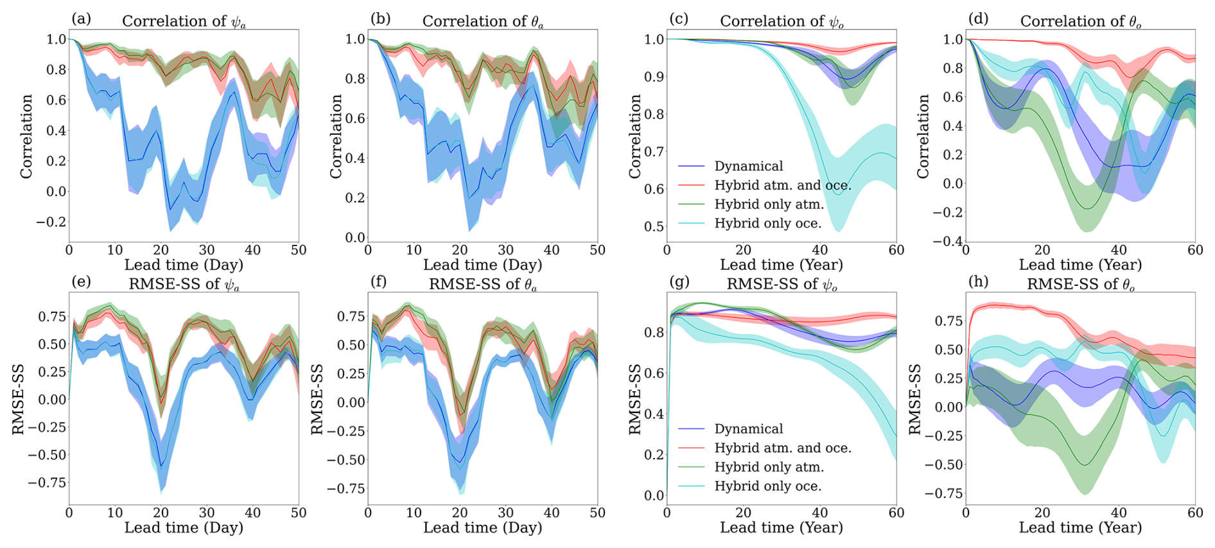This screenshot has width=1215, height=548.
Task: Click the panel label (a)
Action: tap(82, 19)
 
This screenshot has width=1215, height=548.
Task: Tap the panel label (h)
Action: tap(978, 281)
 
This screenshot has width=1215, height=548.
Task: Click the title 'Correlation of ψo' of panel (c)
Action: tap(782, 21)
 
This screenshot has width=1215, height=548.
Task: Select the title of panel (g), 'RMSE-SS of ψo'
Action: tap(782, 284)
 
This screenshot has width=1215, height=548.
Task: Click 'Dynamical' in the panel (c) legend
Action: tap(748, 166)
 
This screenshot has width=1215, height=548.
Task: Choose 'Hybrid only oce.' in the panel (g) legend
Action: tap(767, 486)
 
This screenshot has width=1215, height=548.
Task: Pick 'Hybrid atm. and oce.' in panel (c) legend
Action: tap(782, 186)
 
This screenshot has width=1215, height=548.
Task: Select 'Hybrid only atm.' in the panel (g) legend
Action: tap(769, 467)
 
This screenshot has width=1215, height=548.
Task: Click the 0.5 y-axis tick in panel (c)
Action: tap(654, 226)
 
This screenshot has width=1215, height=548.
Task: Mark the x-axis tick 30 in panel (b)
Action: tap(506, 250)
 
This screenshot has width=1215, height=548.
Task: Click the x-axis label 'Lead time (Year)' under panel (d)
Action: tap(1080, 265)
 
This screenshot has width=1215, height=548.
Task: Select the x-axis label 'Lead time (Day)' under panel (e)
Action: tap(184, 527)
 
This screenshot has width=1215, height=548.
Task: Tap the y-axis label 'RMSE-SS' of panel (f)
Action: tap(317, 400)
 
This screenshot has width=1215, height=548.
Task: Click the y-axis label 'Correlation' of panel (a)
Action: tap(26, 136)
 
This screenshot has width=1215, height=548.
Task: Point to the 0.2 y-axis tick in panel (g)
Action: tap(654, 455)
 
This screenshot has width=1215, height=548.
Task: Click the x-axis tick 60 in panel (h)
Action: tap(1194, 513)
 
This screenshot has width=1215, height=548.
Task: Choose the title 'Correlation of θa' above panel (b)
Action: tap(482, 21)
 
